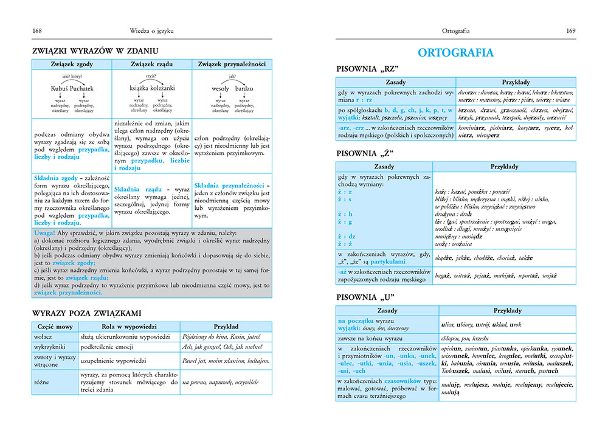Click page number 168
point(37,30)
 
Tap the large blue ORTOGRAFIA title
point(455,53)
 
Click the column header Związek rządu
point(152,64)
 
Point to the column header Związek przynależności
point(232,64)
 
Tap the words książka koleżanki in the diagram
point(152,88)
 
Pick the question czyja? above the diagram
point(151,77)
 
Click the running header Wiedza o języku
point(151,30)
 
